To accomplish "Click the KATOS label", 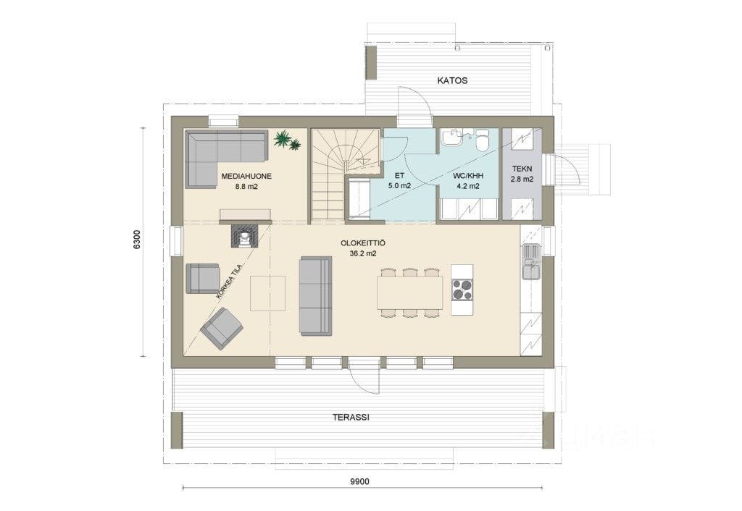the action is point(452,80).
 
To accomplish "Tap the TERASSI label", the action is point(351,418).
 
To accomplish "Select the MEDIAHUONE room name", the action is point(246,177).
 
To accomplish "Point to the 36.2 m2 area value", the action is point(363,253).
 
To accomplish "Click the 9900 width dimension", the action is point(359,482).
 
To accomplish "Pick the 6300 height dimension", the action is point(137,240).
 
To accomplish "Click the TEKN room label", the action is point(522,169).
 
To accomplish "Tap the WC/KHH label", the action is point(468,176).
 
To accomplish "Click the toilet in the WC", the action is point(482,140).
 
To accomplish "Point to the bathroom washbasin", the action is point(453,138).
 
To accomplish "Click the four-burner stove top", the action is point(462,290).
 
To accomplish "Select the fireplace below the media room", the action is point(245,235).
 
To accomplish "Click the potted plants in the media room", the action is point(287,140).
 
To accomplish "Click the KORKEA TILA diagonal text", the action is point(229,281).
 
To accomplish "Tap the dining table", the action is point(410,293).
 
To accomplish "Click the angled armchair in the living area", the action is point(222,329).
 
